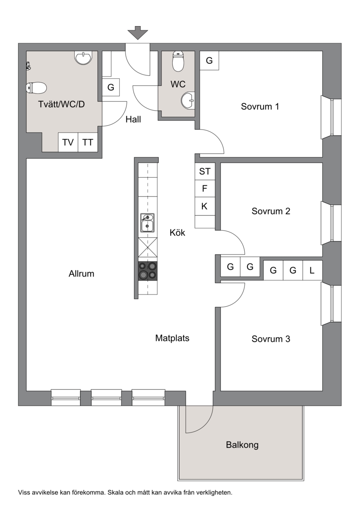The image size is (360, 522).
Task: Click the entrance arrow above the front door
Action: point(138,33)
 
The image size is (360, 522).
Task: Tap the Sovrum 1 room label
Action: point(260,107)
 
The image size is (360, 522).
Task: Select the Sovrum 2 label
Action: point(271,211)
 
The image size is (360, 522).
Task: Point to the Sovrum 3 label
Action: point(271,339)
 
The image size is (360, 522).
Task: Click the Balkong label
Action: point(243,445)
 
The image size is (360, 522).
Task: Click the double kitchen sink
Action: point(147,223)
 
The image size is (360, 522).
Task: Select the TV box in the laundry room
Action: point(68,143)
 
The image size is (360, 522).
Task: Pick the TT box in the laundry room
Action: point(88,143)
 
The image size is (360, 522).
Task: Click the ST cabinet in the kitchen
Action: point(205,171)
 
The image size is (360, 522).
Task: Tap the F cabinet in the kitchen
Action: point(205,189)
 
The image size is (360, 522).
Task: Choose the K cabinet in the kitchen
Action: point(205,206)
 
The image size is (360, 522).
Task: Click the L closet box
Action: point(312,270)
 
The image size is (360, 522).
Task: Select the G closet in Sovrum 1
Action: point(209,61)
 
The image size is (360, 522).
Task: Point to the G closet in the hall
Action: point(111,87)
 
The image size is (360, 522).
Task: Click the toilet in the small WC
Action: point(178,62)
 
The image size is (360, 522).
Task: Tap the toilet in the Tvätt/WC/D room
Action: point(36,88)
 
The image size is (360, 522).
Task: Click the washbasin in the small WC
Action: point(188,100)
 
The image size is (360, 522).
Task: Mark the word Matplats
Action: point(172,338)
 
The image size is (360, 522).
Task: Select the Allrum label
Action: point(81,274)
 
